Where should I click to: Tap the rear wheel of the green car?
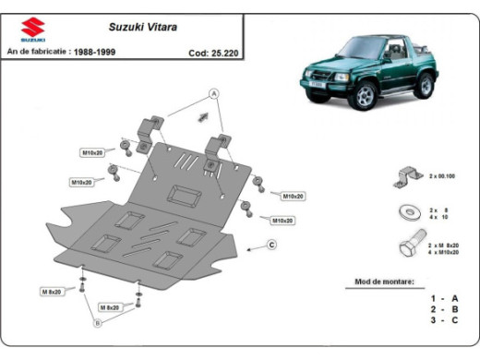[x=425, y=87]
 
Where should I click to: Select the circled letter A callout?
[x=213, y=93]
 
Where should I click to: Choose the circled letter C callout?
[x=272, y=245]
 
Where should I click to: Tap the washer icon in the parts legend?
[x=405, y=211]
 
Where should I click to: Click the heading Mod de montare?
[x=385, y=281]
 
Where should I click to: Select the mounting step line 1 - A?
[x=444, y=298]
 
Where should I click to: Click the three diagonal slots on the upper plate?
[x=187, y=164]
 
